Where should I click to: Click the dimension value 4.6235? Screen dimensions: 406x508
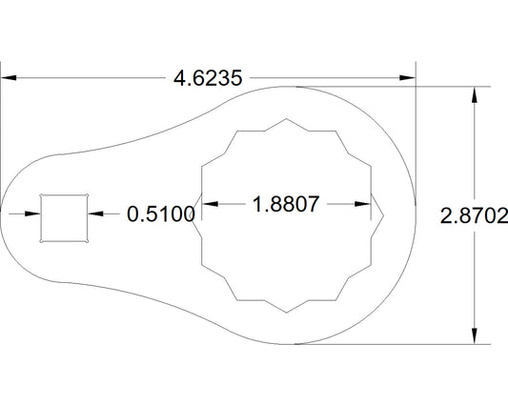coord(208,78)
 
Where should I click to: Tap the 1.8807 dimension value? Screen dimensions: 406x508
coord(284,203)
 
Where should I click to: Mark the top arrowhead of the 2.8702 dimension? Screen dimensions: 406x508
coord(474,92)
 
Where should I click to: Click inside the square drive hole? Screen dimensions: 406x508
coord(64,216)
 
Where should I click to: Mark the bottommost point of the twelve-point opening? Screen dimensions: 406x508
coord(289,312)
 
